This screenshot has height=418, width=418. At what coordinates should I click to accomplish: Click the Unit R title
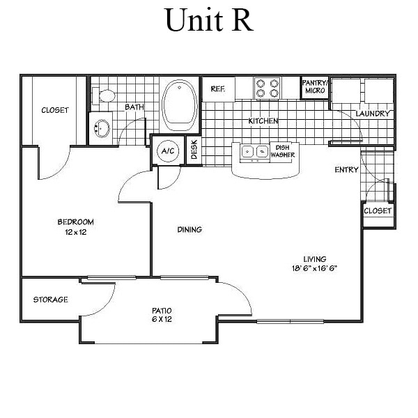[x=208, y=20]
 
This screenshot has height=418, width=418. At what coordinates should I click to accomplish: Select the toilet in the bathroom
[x=105, y=96]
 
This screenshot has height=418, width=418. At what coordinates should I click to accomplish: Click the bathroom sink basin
[x=103, y=128]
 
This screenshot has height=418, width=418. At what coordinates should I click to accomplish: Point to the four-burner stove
[x=268, y=88]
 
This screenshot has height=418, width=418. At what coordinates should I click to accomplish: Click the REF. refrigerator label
[x=217, y=89]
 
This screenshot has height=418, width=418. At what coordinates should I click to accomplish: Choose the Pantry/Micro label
[x=314, y=86]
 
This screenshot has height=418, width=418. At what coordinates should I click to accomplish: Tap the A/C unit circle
[x=167, y=150]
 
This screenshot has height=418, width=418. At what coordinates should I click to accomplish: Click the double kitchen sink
[x=254, y=150]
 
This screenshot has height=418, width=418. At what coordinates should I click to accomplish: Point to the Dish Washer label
[x=282, y=150]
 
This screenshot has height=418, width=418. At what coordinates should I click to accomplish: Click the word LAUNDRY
[x=373, y=114]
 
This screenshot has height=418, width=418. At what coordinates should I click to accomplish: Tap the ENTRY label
[x=346, y=170]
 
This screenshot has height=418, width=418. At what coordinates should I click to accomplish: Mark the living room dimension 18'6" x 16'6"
[x=315, y=268]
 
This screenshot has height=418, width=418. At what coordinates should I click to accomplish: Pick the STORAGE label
[x=51, y=300]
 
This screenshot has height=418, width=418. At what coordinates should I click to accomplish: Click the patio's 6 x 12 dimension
[x=162, y=319]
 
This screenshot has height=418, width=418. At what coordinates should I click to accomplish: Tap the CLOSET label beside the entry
[x=378, y=210]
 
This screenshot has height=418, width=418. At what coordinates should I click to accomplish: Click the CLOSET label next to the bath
[x=55, y=110]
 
